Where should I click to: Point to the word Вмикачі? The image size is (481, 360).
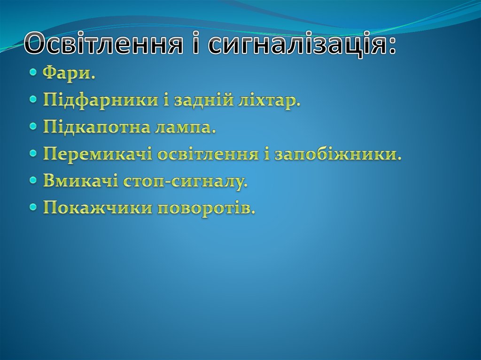click(80, 181)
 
